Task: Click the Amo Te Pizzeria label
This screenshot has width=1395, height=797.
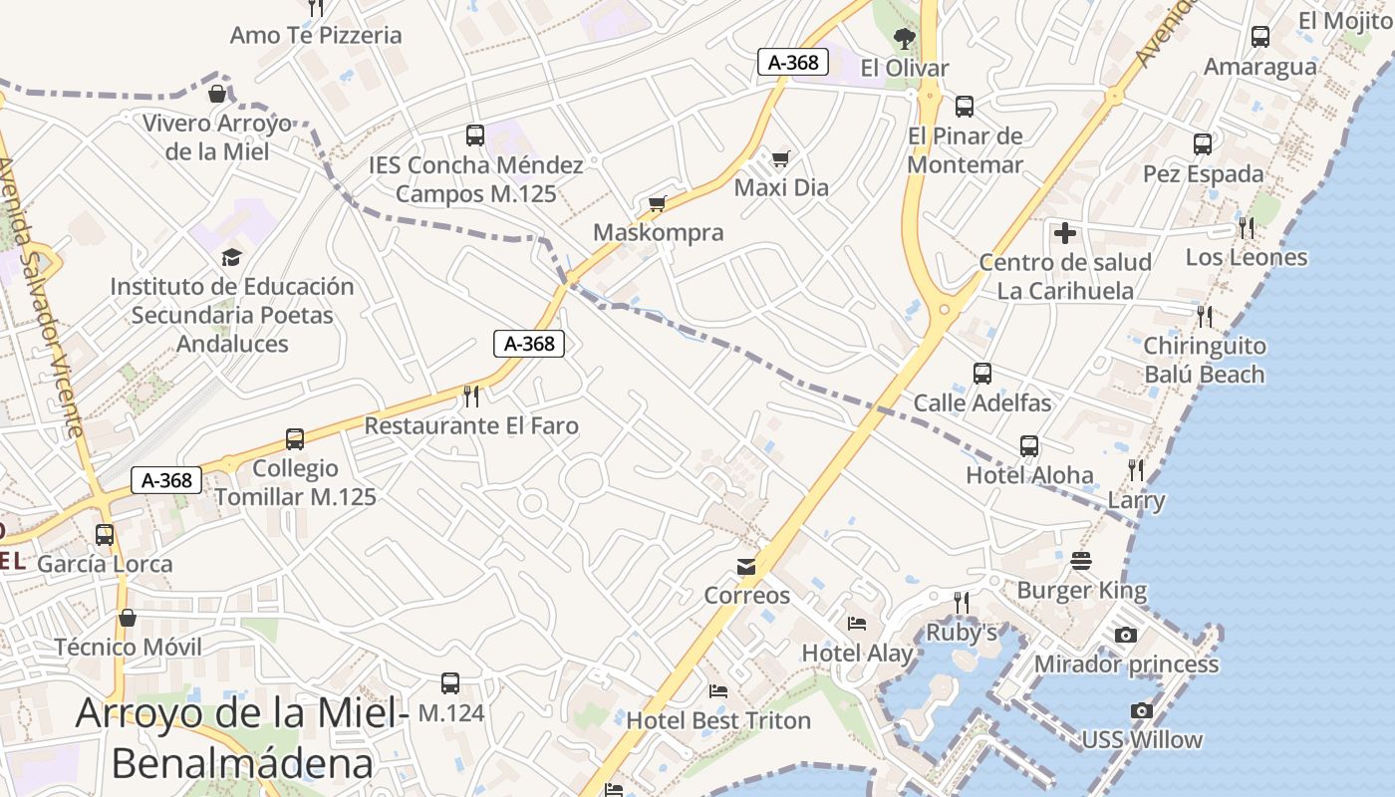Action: [x=316, y=35]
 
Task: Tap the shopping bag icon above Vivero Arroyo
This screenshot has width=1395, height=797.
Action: [x=216, y=94]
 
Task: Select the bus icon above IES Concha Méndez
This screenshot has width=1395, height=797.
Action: [x=475, y=134]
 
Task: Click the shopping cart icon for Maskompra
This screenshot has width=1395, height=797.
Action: [x=657, y=203]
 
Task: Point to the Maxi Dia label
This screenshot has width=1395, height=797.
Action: [x=781, y=187]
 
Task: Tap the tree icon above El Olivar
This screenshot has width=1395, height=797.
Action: [x=905, y=39]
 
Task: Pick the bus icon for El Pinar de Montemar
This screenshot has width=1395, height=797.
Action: [x=964, y=106]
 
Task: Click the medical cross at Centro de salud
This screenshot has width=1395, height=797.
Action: [x=1065, y=233]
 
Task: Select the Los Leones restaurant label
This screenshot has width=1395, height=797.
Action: [x=1246, y=257]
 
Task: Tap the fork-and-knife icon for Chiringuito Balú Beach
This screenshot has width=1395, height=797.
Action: [x=1205, y=317]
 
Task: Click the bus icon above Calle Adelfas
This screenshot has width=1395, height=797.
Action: [x=982, y=374]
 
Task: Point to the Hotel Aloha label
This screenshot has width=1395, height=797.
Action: [x=1029, y=475]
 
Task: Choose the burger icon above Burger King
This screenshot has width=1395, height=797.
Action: [x=1082, y=561]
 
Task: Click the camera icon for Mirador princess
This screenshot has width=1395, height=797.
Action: [x=1126, y=635]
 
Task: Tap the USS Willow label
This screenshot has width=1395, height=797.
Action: [x=1142, y=739]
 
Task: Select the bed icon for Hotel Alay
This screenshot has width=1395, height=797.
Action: [x=857, y=624]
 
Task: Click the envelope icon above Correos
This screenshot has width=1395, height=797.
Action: [x=746, y=567]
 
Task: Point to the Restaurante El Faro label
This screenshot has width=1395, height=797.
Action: [x=471, y=425]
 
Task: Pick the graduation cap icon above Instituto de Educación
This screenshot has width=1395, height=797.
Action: [x=231, y=257]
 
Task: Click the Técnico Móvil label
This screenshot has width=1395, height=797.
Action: [x=128, y=647]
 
